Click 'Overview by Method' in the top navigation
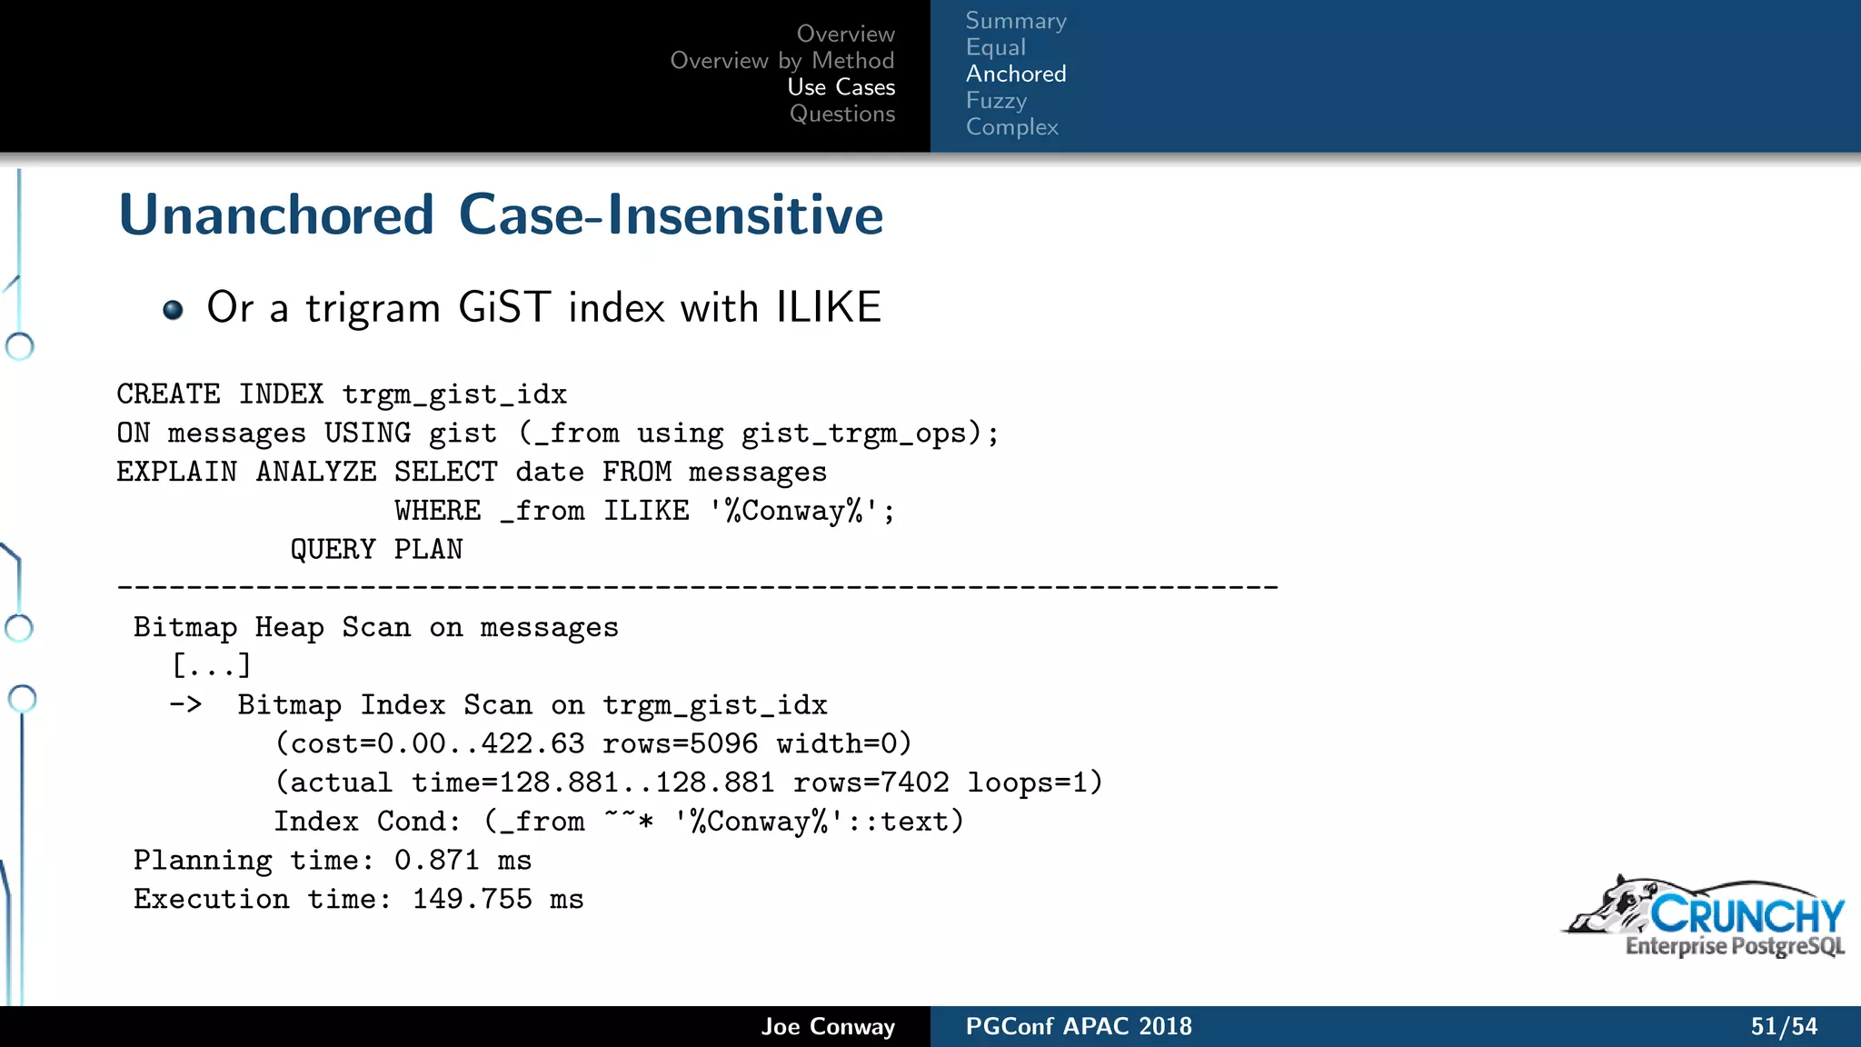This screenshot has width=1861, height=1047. click(782, 61)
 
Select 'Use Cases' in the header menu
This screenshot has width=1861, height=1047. click(841, 87)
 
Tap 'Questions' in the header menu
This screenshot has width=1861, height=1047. click(842, 114)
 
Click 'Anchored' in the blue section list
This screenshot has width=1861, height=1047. click(1016, 74)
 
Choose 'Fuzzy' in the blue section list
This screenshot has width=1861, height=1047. click(996, 100)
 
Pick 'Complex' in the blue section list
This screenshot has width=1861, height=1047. click(1012, 127)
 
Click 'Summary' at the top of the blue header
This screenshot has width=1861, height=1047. click(1016, 21)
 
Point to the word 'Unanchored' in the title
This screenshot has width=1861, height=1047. click(276, 215)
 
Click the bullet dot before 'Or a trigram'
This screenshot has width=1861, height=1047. click(173, 310)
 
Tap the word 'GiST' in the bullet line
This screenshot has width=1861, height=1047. click(504, 307)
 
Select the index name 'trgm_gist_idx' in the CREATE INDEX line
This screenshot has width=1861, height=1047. click(454, 394)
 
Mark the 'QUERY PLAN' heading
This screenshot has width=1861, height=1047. click(376, 550)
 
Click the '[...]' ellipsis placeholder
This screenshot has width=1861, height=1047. click(211, 666)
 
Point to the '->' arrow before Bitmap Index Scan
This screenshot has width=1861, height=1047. click(185, 704)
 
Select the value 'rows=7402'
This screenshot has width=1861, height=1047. click(871, 783)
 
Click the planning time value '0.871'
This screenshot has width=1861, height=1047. click(436, 861)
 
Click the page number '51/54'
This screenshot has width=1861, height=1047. click(1784, 1027)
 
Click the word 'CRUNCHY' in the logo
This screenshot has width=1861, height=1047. click(1747, 914)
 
